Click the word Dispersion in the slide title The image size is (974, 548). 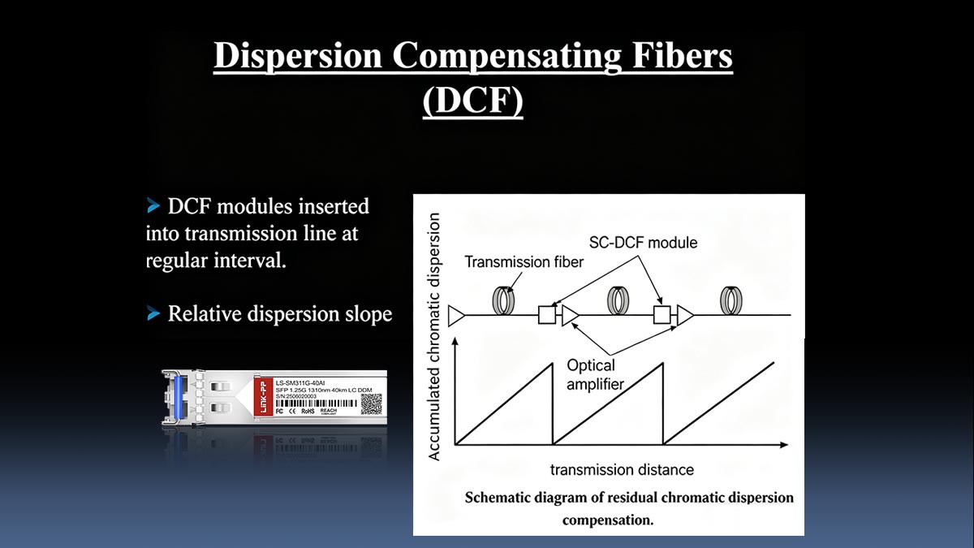pyautogui.click(x=297, y=56)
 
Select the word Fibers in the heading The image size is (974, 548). pyautogui.click(x=683, y=56)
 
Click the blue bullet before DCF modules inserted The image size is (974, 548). pyautogui.click(x=154, y=206)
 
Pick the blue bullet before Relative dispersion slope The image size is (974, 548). pyautogui.click(x=154, y=313)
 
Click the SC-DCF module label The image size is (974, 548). pyautogui.click(x=644, y=243)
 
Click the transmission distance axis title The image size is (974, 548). pyautogui.click(x=622, y=470)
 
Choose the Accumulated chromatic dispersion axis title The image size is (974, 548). pyautogui.click(x=435, y=337)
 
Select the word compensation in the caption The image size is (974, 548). pyautogui.click(x=608, y=520)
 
